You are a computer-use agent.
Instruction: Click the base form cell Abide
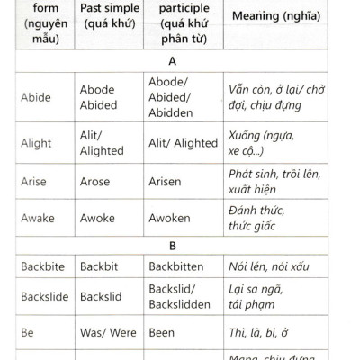[x=35, y=97]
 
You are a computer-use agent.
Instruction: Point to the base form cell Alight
[x=36, y=143]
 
